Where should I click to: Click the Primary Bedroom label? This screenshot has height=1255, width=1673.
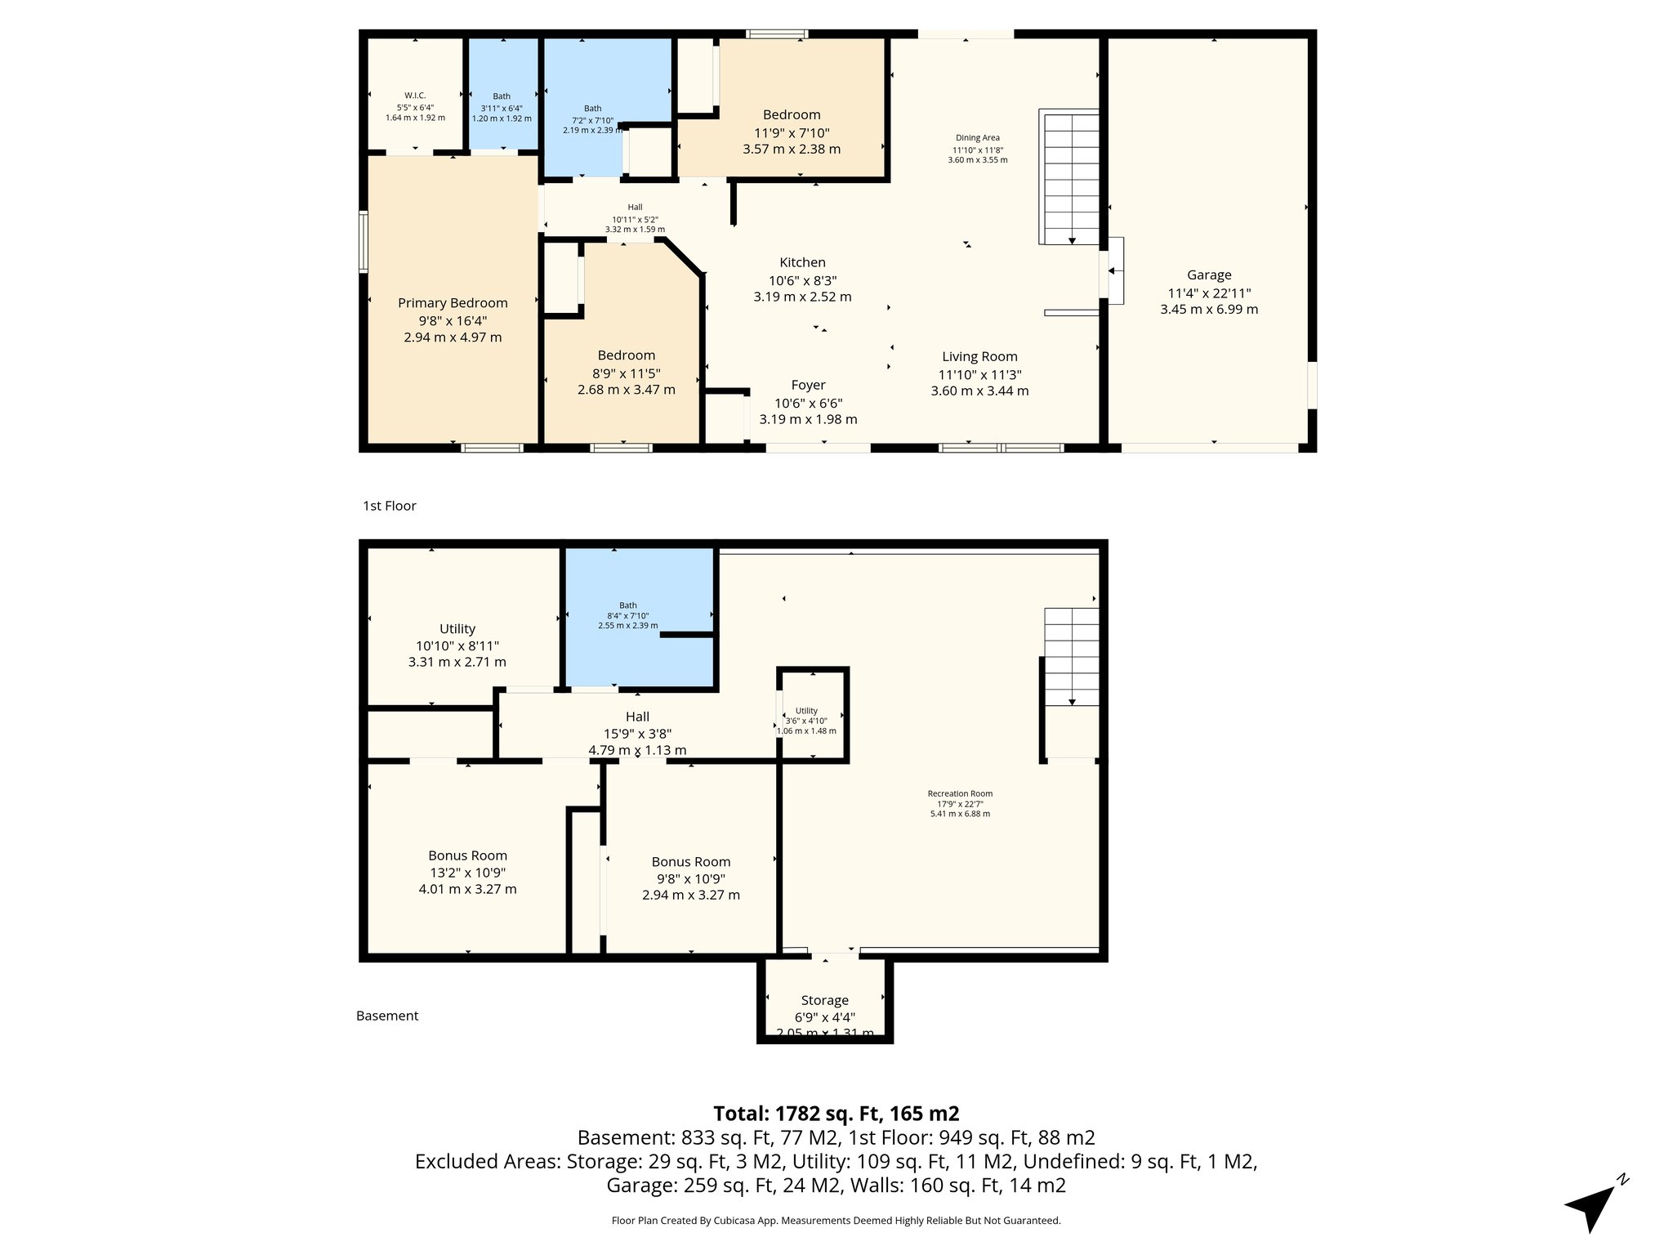pyautogui.click(x=453, y=303)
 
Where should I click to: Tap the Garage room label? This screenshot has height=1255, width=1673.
pyautogui.click(x=1209, y=275)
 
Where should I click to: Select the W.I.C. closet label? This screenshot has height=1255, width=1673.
pyautogui.click(x=415, y=96)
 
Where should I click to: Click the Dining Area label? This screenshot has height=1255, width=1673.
pyautogui.click(x=977, y=138)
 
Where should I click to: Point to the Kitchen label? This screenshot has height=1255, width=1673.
pyautogui.click(x=802, y=262)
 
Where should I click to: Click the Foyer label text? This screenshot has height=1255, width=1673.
pyautogui.click(x=808, y=385)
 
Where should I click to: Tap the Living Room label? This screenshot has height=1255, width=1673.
pyautogui.click(x=979, y=356)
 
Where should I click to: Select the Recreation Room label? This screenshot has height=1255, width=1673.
pyautogui.click(x=960, y=793)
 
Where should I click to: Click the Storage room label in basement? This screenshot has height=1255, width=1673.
pyautogui.click(x=824, y=1000)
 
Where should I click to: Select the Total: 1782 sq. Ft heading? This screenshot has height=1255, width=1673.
pyautogui.click(x=836, y=1113)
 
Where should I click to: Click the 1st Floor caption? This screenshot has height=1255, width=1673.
pyautogui.click(x=390, y=506)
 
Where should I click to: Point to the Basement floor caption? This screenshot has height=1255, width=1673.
pyautogui.click(x=387, y=1016)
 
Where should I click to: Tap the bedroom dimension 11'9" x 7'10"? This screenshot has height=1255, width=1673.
pyautogui.click(x=792, y=132)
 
